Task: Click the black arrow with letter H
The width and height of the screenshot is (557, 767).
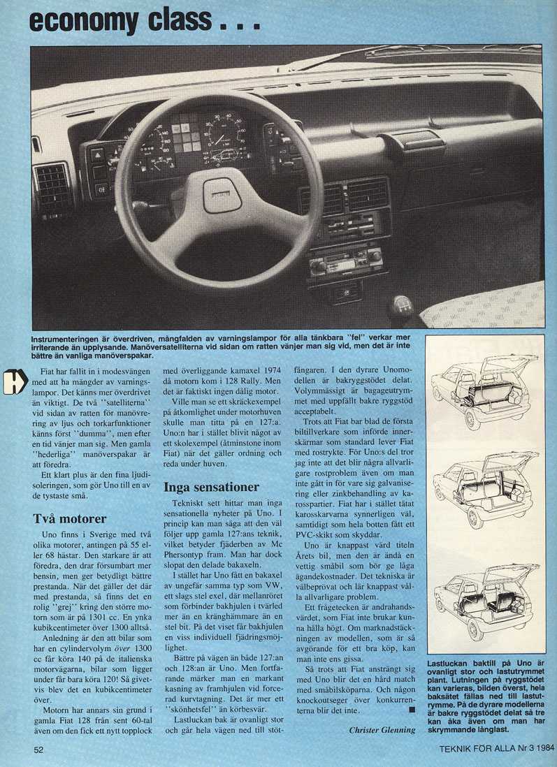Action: [x=15, y=380]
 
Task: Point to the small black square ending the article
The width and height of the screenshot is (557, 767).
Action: [x=411, y=710]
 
